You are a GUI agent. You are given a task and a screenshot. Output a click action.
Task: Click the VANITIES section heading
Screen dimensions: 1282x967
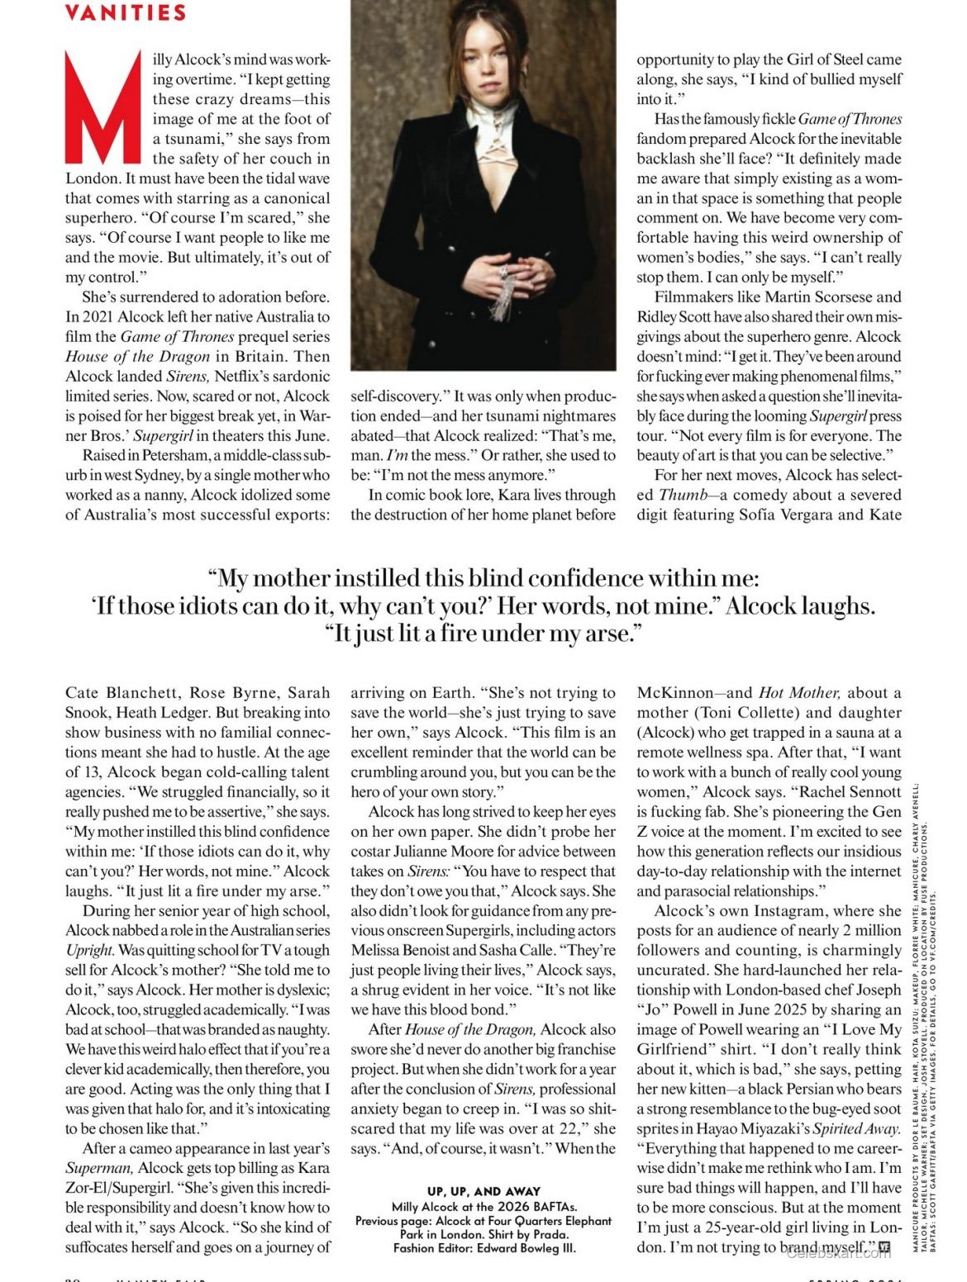[x=125, y=12]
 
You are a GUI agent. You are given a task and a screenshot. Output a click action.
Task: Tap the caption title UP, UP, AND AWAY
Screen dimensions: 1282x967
[x=483, y=1191]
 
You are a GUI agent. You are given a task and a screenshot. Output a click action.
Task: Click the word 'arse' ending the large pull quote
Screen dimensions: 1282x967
[x=603, y=634]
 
